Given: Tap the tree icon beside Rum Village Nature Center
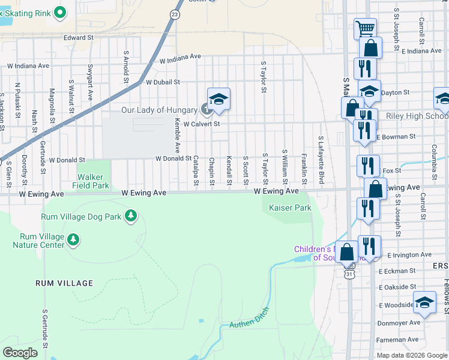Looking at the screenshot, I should pos(73,241).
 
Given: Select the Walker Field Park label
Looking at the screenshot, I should pos(93,181).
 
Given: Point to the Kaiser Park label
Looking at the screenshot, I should pos(290,208).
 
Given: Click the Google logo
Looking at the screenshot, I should pos(20,352).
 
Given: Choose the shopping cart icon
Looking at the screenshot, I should pos(365,28).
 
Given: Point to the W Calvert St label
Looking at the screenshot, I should pos(202,124).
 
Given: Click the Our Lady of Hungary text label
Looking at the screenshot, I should pos(159,110).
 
